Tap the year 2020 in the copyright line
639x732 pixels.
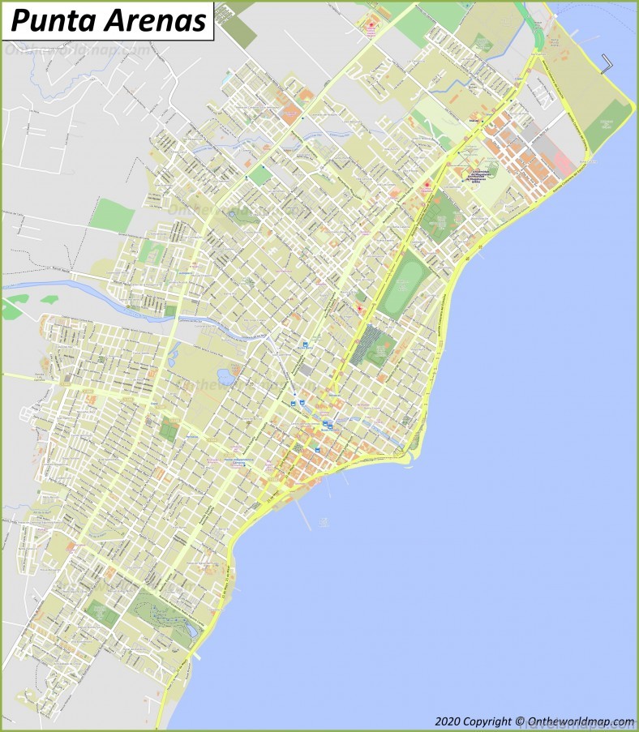pos(448,721)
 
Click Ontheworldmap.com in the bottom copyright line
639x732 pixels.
pos(581,721)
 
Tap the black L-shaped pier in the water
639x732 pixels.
pos(609,64)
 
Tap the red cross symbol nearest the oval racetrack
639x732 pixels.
pos(360,309)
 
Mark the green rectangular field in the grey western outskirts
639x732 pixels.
pos(112,215)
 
